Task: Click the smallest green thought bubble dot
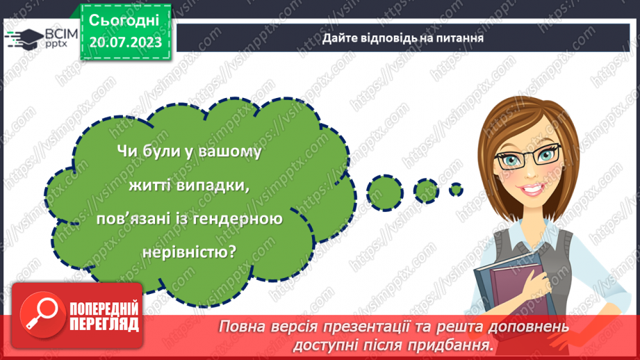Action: (x=455, y=188)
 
